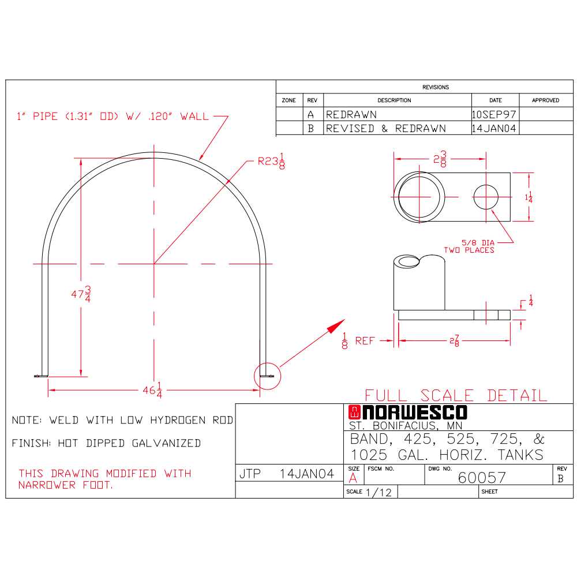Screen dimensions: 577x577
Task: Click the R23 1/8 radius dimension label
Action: (271, 161)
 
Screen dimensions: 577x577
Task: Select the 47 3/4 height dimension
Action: (81, 294)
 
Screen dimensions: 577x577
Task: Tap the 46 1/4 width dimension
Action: (152, 390)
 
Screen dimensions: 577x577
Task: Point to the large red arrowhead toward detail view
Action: (336, 326)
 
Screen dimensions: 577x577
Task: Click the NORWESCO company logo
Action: (408, 413)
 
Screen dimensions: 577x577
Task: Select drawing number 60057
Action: (482, 478)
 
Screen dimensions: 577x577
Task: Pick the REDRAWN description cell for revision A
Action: (351, 114)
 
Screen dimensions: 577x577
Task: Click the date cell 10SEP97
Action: (494, 114)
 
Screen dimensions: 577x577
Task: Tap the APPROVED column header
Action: (545, 100)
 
